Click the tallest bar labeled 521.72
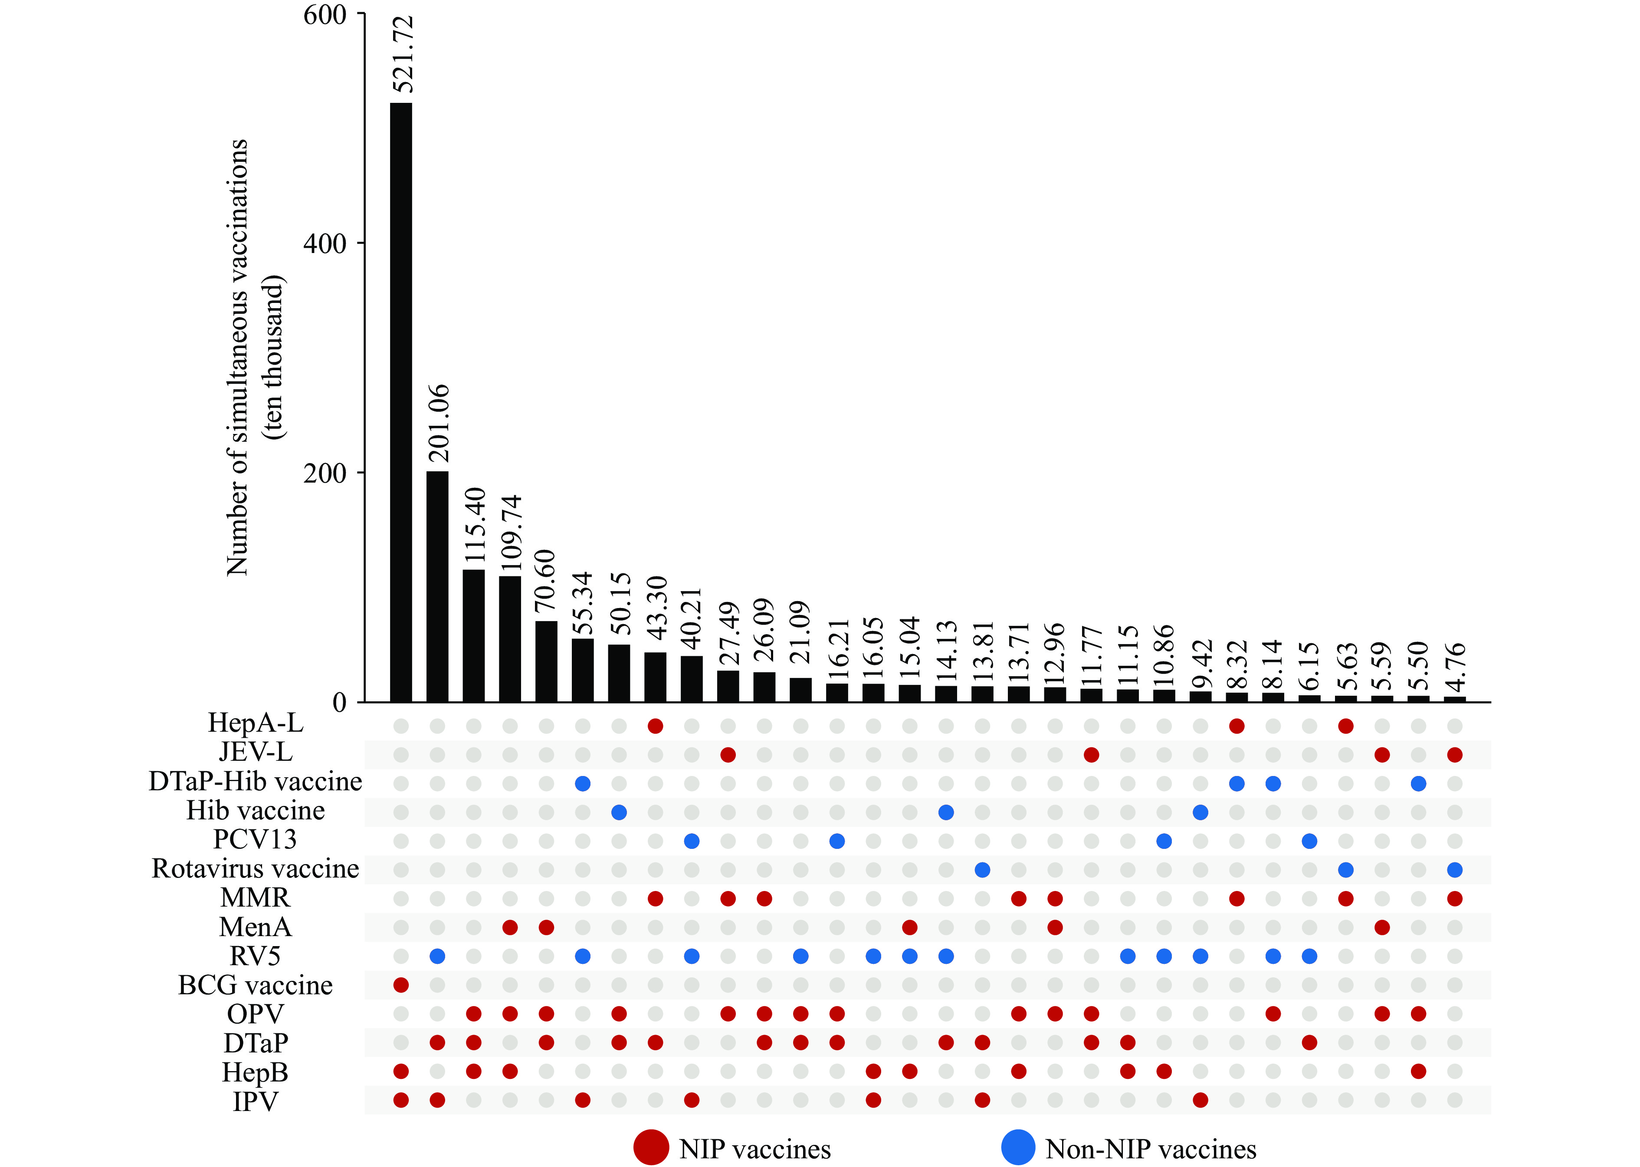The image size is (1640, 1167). pyautogui.click(x=401, y=402)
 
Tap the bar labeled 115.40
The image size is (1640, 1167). pyautogui.click(x=473, y=635)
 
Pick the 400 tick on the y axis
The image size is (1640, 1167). pyautogui.click(x=325, y=243)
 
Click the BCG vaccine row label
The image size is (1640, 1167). pyautogui.click(x=255, y=985)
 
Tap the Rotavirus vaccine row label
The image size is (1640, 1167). pyautogui.click(x=255, y=869)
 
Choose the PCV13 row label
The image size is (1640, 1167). pyautogui.click(x=255, y=839)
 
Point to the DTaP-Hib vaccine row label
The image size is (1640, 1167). pyautogui.click(x=255, y=781)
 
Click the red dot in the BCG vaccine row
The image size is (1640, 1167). pyautogui.click(x=401, y=985)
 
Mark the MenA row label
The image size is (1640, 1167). pyautogui.click(x=255, y=927)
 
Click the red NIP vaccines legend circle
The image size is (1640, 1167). pyautogui.click(x=651, y=1147)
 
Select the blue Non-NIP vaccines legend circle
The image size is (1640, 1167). pyautogui.click(x=1018, y=1147)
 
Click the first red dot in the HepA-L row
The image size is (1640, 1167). pyautogui.click(x=655, y=726)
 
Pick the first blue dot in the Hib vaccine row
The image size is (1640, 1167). pyautogui.click(x=619, y=812)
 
